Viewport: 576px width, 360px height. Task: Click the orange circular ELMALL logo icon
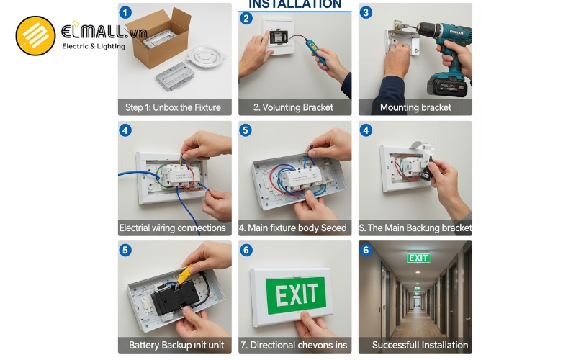35,36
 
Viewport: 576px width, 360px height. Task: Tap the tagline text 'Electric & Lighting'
94,46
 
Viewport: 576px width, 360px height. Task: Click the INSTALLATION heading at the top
295,4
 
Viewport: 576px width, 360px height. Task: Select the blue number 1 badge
126,12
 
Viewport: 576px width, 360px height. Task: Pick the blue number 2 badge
247,18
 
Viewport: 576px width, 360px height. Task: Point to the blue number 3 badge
366,12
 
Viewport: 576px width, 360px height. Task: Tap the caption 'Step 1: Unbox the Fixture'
173,107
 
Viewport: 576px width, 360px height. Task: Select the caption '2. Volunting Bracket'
293,107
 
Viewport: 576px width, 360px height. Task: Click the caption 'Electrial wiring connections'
173,228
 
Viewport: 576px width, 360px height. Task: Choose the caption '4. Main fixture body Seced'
294,228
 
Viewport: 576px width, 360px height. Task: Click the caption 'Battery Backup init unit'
176,345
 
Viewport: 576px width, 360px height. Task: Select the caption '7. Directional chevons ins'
294,345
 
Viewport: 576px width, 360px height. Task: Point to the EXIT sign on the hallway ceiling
418,258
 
